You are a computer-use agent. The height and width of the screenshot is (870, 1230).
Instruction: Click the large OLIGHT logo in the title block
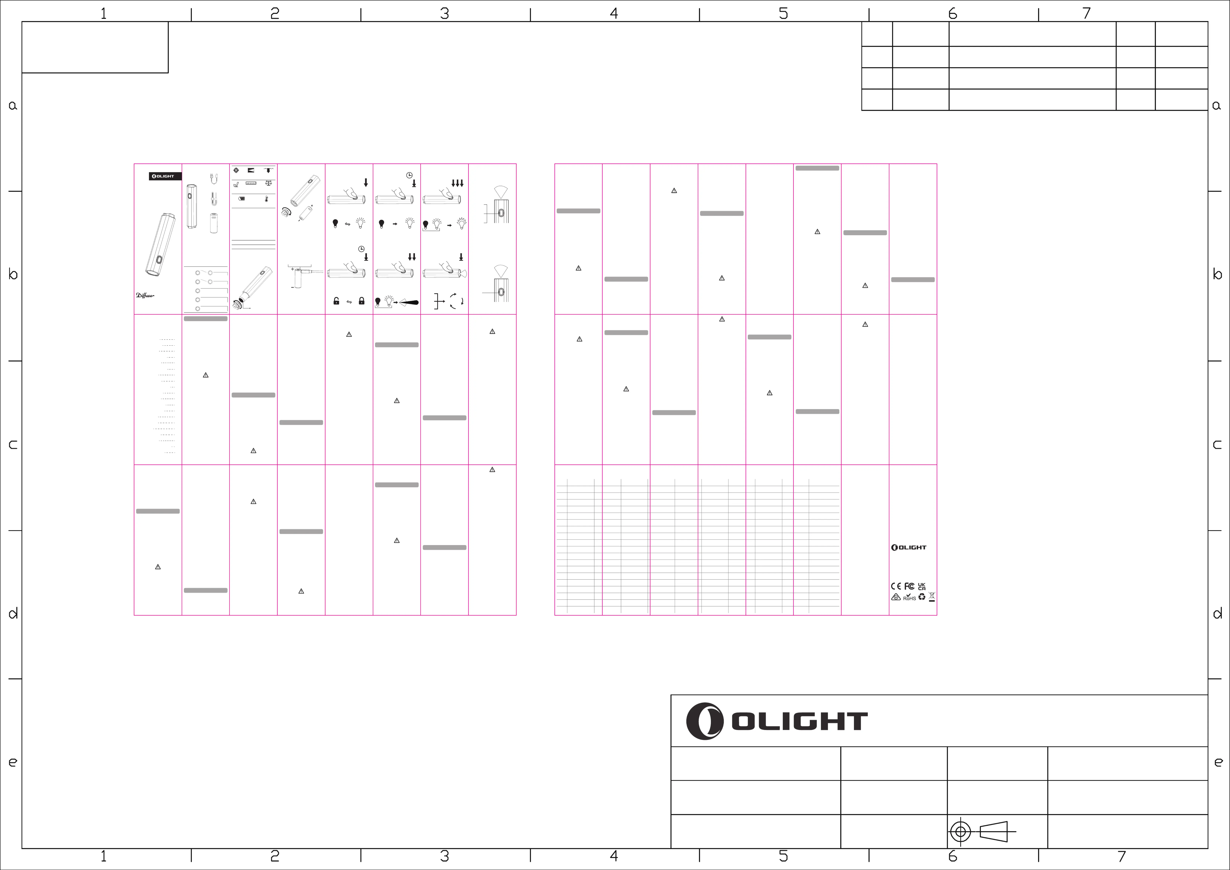[x=777, y=721]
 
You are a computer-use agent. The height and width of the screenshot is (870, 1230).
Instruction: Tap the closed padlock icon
[x=362, y=301]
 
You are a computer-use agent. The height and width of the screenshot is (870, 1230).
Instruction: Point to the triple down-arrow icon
[x=458, y=183]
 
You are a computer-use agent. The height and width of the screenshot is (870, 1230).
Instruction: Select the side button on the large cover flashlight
[x=159, y=260]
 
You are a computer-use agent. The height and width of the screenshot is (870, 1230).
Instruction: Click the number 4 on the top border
[x=614, y=13]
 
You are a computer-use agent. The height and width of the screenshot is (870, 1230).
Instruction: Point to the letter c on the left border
[x=13, y=444]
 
